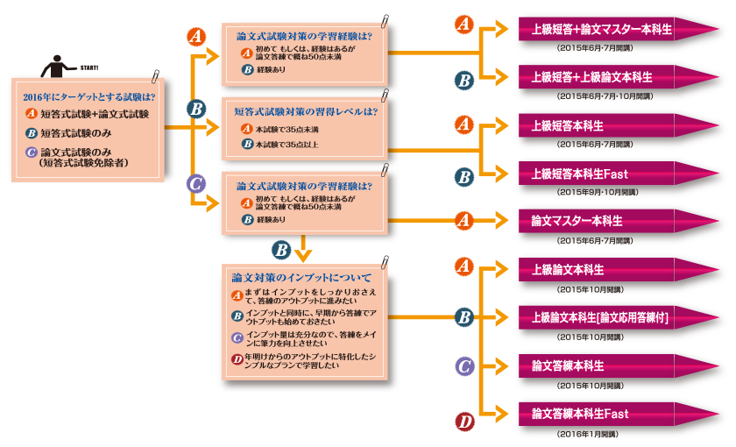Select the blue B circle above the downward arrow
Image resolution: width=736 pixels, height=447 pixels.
(x=281, y=249)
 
